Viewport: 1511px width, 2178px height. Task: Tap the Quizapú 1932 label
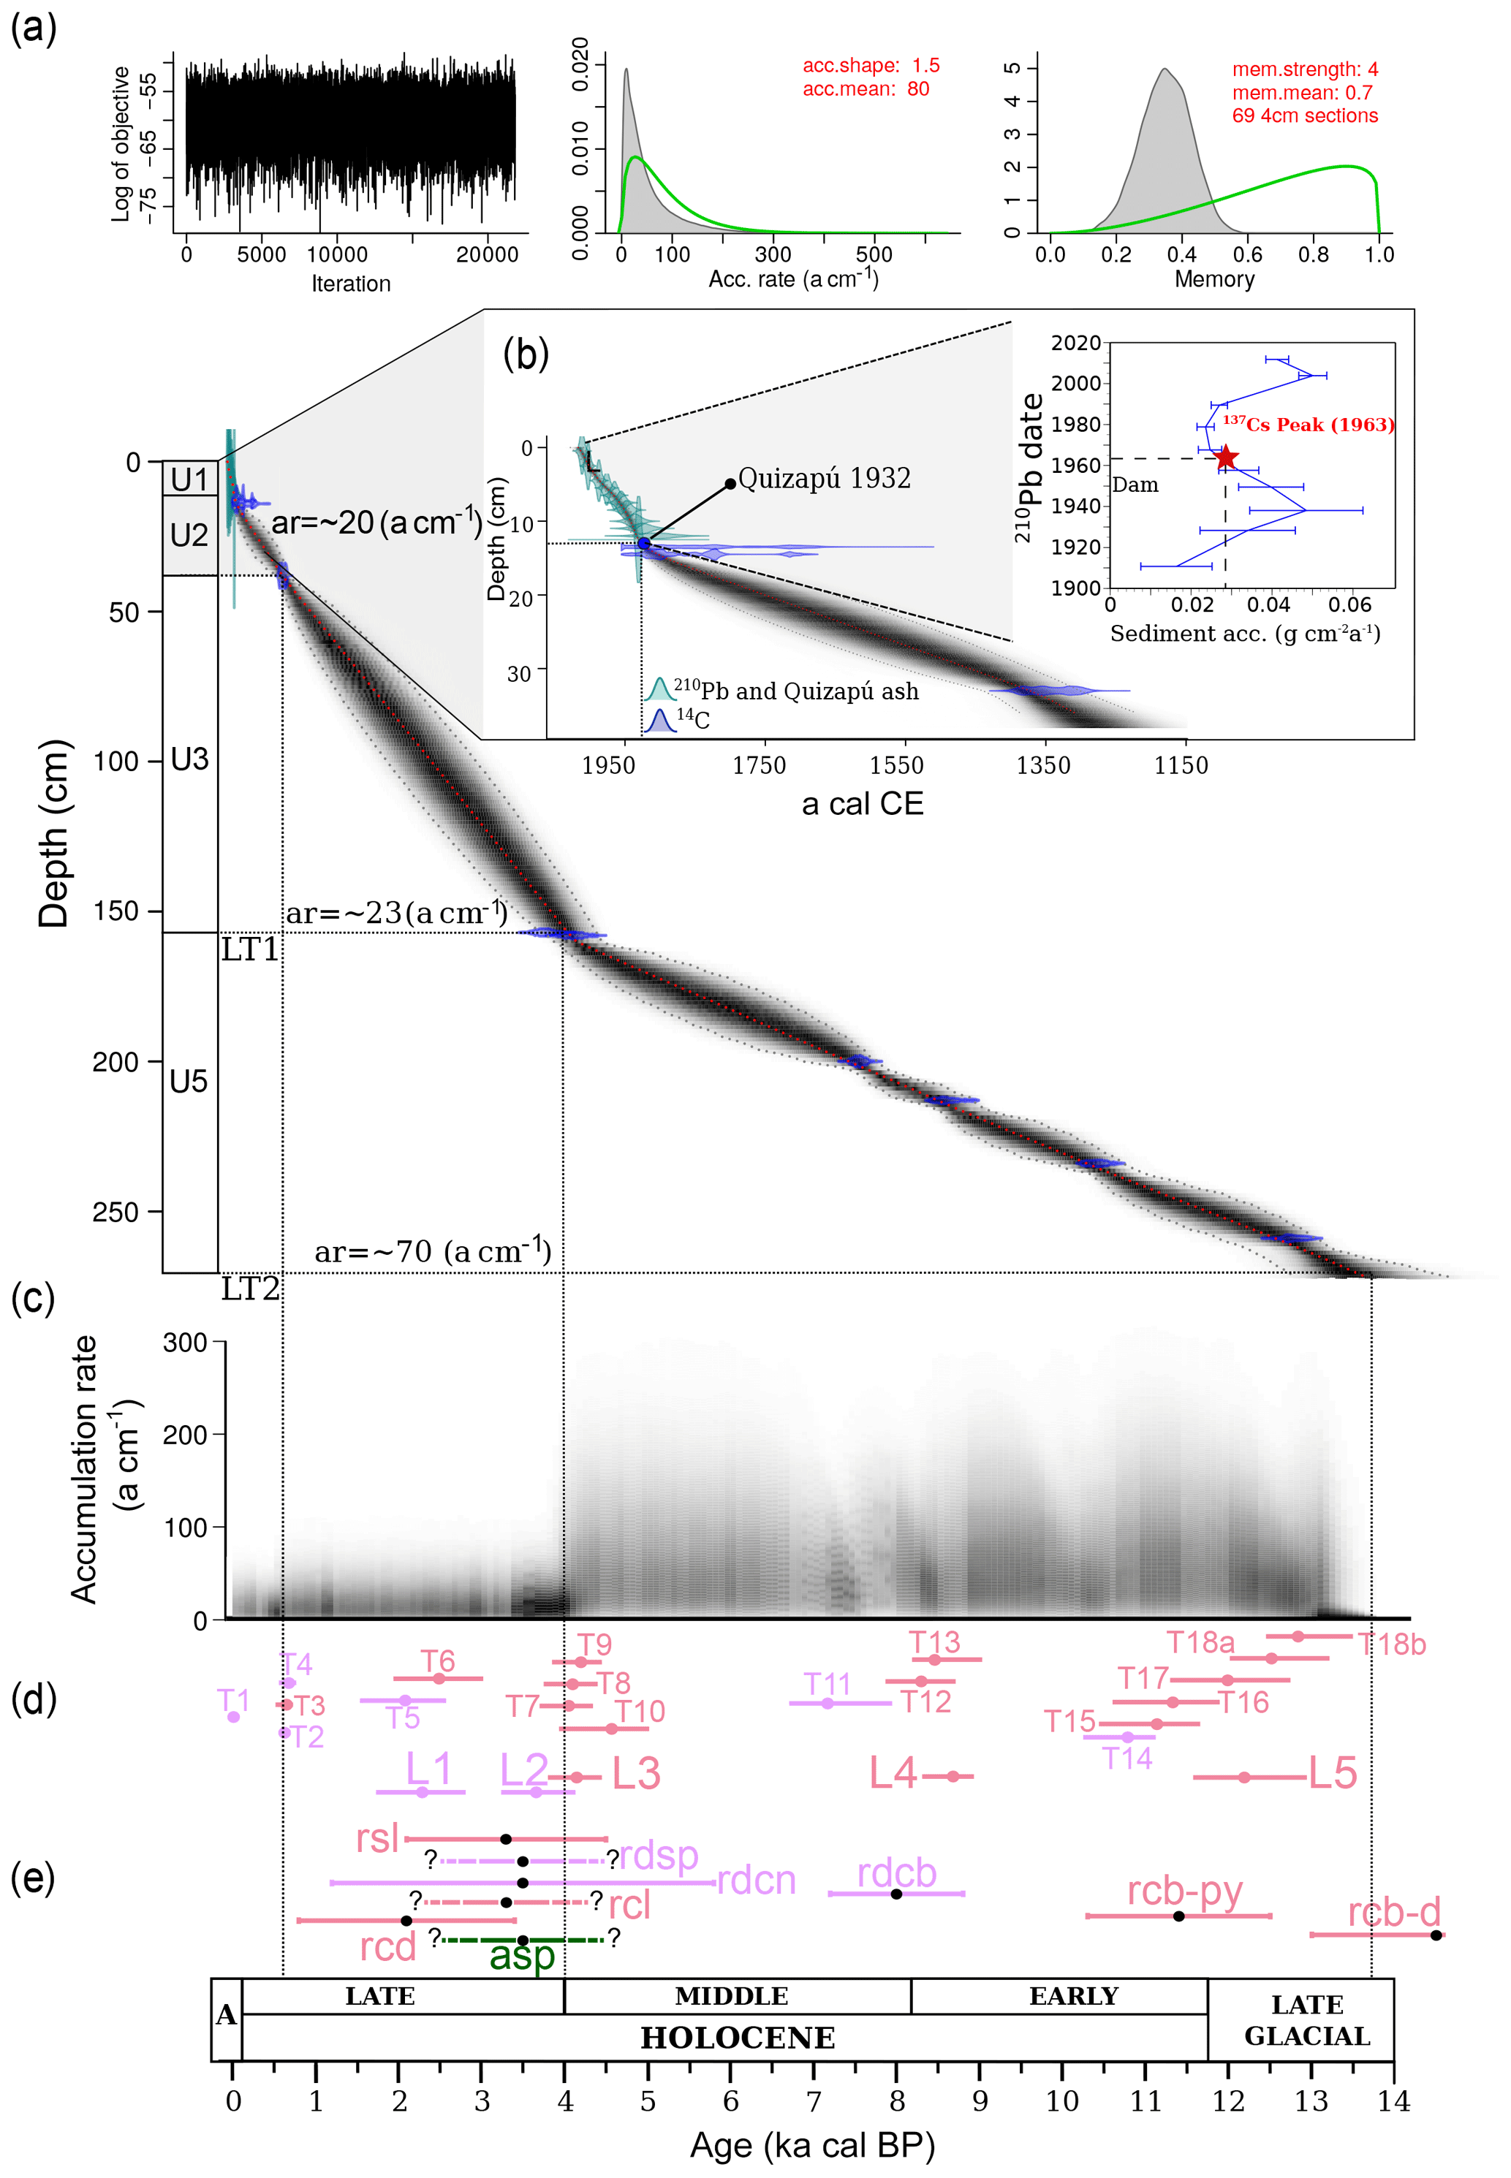point(824,479)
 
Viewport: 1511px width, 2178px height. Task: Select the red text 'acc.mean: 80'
point(866,90)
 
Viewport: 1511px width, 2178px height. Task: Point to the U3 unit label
point(189,759)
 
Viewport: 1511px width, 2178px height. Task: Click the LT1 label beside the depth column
point(250,949)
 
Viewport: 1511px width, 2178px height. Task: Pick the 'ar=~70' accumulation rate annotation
point(433,1251)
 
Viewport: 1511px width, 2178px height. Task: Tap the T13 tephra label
point(934,1642)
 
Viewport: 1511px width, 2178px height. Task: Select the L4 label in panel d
point(893,1773)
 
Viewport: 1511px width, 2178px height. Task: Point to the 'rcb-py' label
point(1184,1890)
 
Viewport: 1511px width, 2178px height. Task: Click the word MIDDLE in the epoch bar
point(731,1996)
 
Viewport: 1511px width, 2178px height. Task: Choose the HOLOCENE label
point(738,2038)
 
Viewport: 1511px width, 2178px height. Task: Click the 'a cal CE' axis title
point(862,804)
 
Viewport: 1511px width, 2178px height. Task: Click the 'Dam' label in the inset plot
point(1135,485)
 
